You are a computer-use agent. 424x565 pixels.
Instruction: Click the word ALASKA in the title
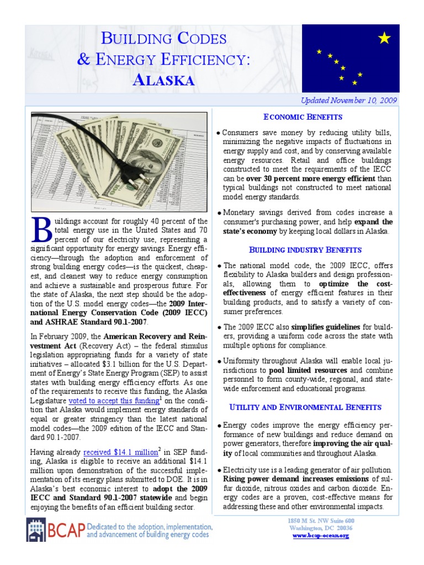click(x=164, y=80)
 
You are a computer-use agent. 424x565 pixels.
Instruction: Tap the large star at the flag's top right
click(x=385, y=38)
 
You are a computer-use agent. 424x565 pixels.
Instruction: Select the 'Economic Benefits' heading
click(x=303, y=117)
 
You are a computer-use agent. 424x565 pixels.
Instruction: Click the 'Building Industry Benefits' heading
click(x=305, y=249)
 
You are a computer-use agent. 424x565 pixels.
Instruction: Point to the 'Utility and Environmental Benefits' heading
click(x=305, y=407)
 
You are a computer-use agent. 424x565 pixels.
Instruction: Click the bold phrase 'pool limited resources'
click(x=308, y=370)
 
